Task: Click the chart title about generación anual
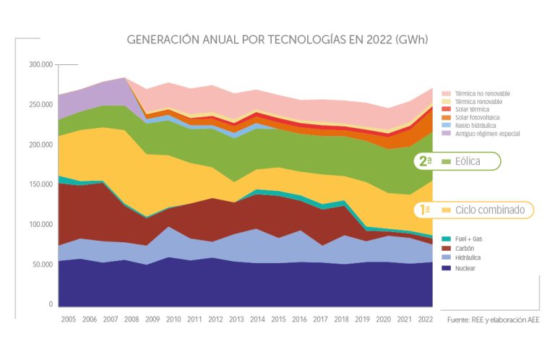pyautogui.click(x=277, y=39)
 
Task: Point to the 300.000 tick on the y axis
pyautogui.click(x=42, y=65)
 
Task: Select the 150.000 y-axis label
pyautogui.click(x=42, y=185)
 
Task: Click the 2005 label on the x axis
pyautogui.click(x=69, y=318)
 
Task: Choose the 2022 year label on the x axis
pyautogui.click(x=425, y=318)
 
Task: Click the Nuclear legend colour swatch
pyautogui.click(x=446, y=267)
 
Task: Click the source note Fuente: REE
pyautogui.click(x=493, y=319)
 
